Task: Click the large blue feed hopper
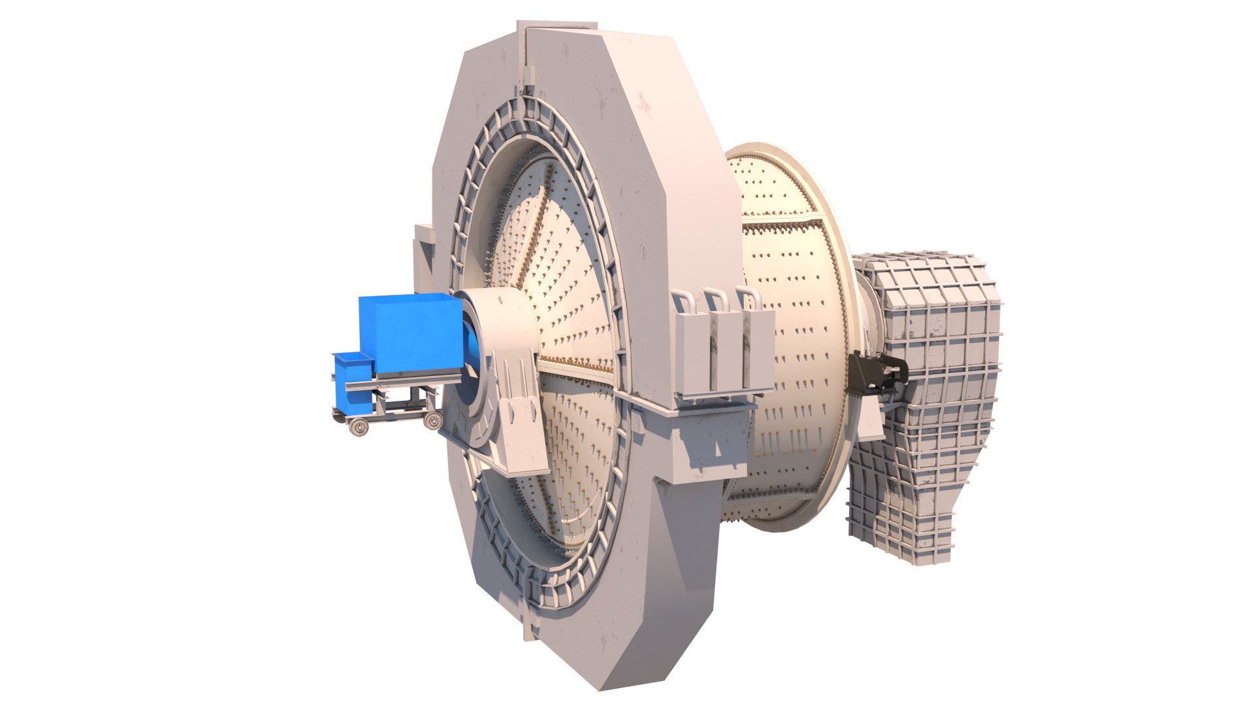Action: coord(408,333)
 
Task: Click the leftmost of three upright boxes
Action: coord(691,352)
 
